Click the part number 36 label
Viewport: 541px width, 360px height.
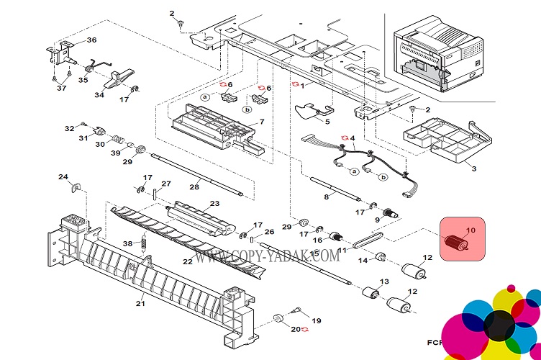point(91,40)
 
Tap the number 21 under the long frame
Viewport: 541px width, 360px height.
point(141,304)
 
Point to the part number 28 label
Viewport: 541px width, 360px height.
point(194,187)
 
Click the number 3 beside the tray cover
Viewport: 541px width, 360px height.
point(474,168)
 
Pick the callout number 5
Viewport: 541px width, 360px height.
point(327,122)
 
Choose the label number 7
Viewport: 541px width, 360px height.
point(262,122)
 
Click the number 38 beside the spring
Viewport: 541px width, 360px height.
point(127,243)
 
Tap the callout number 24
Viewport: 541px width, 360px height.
point(63,176)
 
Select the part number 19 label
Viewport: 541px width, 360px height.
point(317,320)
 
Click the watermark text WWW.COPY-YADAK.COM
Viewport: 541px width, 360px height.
point(265,256)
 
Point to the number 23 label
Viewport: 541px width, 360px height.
point(214,204)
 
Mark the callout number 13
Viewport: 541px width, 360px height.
point(384,282)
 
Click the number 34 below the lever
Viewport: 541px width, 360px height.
point(99,94)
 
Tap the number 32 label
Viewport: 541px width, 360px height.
point(69,128)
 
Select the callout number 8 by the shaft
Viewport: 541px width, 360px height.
point(326,196)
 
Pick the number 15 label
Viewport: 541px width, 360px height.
point(314,254)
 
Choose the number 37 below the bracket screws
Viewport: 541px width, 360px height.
point(61,88)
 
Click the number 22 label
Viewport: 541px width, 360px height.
point(187,261)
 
